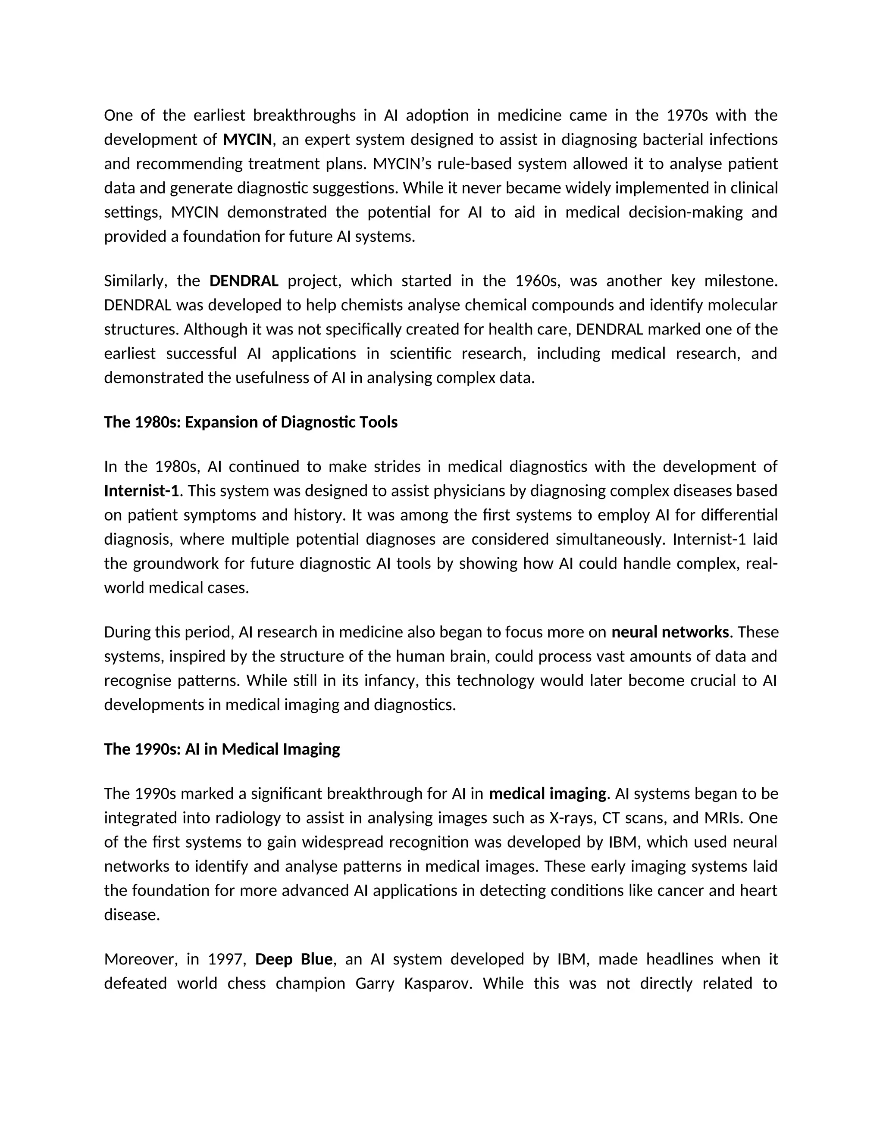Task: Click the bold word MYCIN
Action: (x=247, y=140)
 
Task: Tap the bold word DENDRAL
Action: (x=244, y=281)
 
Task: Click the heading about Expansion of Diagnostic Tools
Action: (x=250, y=422)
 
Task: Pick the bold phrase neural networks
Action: (x=670, y=632)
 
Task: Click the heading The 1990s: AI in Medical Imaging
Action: (x=222, y=749)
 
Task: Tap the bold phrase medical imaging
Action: (x=547, y=794)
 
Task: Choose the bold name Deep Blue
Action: (x=294, y=959)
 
